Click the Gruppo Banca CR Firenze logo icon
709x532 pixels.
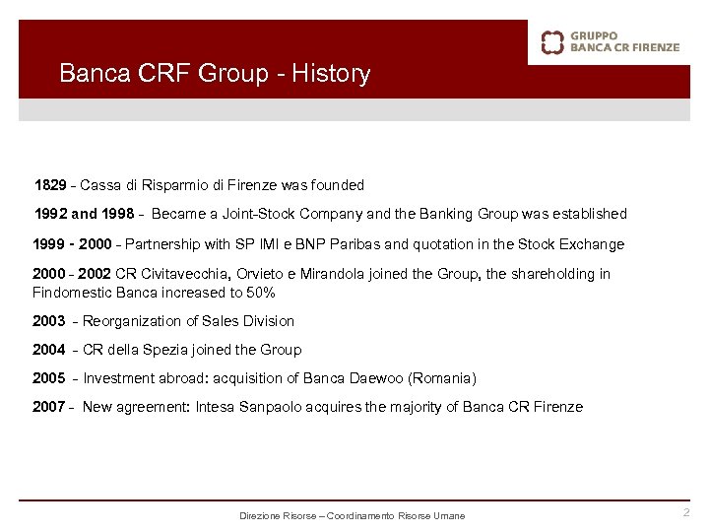(553, 41)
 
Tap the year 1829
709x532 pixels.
(51, 185)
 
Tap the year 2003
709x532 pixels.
(49, 321)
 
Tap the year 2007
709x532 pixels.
(49, 407)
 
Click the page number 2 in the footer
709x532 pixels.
(686, 513)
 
